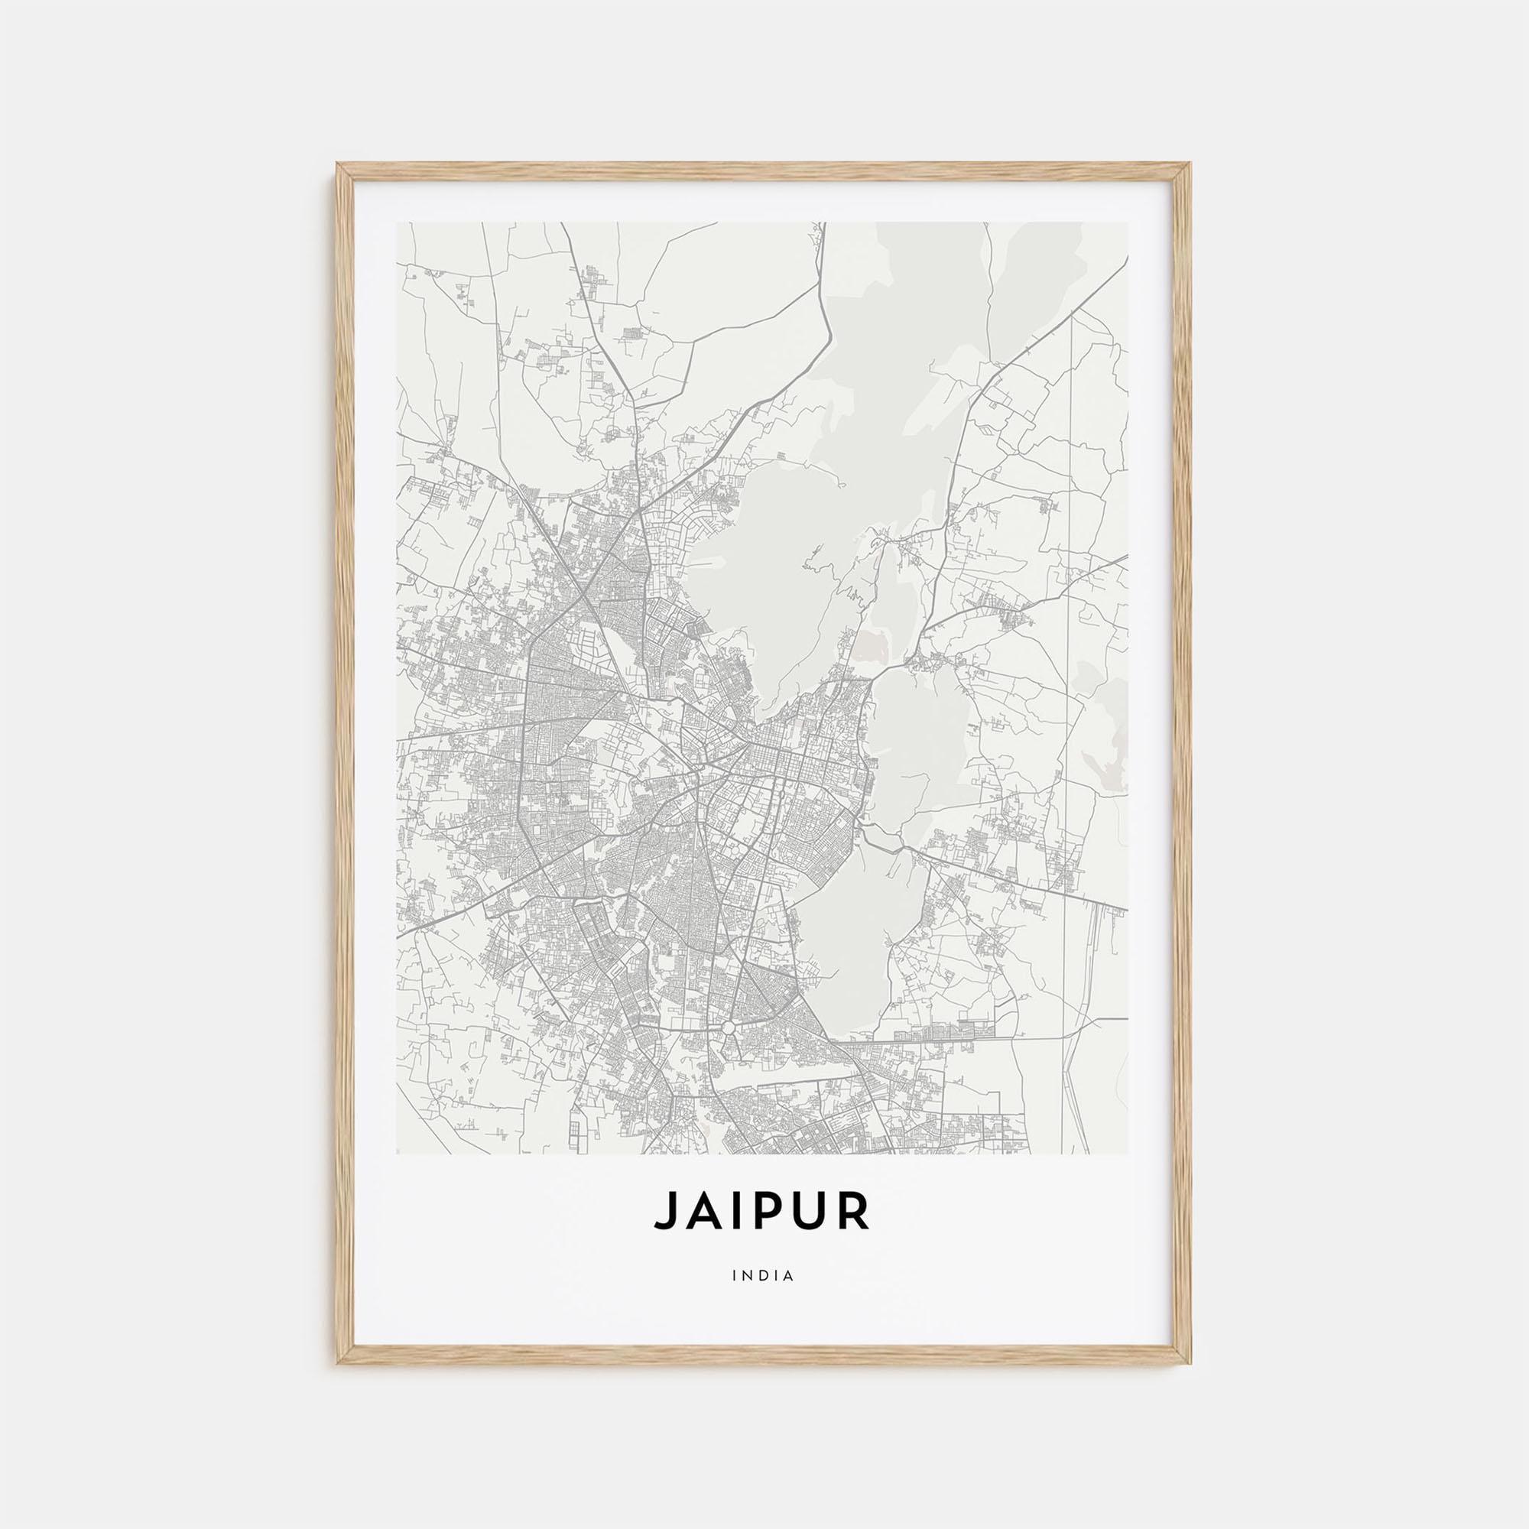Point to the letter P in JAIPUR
pos(767,1232)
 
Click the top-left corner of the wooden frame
pos(337,164)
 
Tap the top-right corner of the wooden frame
pos(1191,164)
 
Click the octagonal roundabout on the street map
pos(728,1027)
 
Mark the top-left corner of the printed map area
pos(397,222)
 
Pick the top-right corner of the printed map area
pos(1128,222)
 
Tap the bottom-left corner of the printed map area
pos(397,1154)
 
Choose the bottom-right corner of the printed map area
pos(1128,1154)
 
